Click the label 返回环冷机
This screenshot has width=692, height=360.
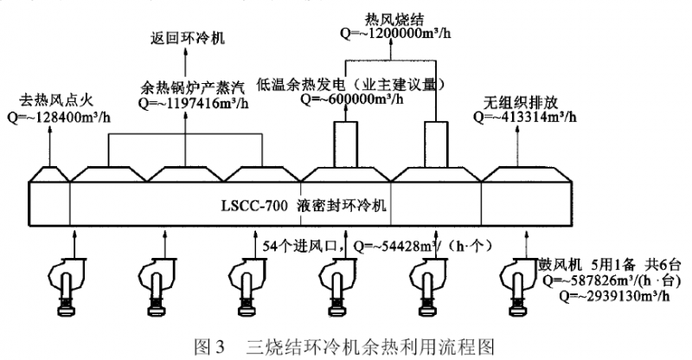(183, 39)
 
